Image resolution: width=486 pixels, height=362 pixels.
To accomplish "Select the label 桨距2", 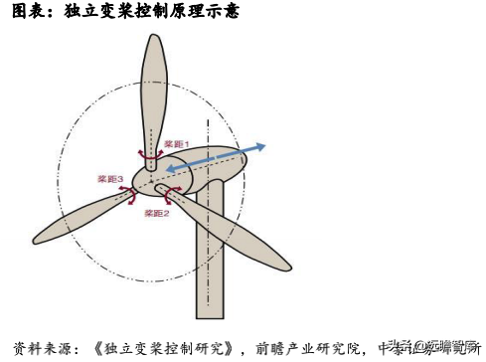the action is pos(156,213).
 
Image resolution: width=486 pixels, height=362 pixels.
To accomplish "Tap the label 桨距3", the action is pos(109,179).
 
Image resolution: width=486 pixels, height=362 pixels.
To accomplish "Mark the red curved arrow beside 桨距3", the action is pos(130,189).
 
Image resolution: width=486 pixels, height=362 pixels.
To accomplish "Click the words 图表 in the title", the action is pos(25,12).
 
